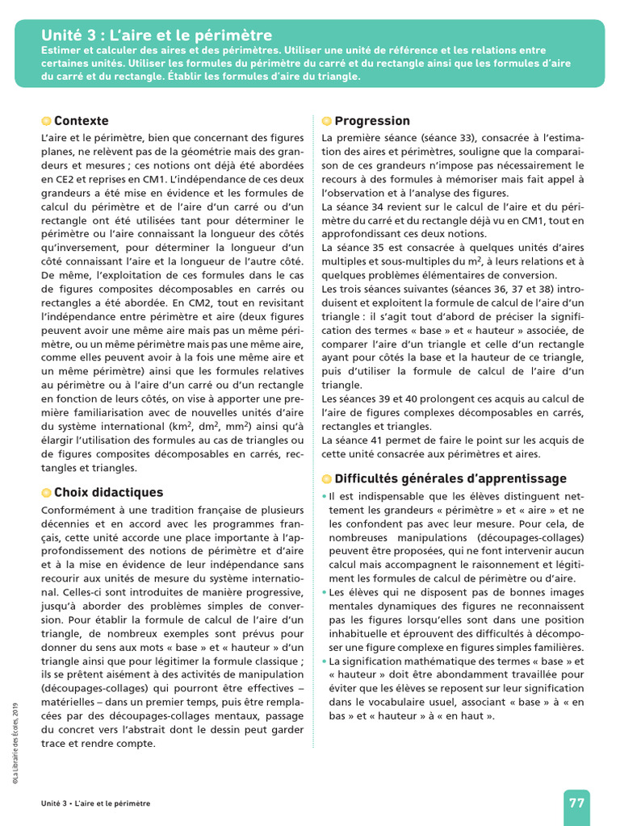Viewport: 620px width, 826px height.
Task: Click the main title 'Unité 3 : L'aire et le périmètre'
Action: [157, 35]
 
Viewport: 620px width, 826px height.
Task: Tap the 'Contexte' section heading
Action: [81, 121]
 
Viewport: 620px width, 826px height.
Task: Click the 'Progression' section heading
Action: [372, 121]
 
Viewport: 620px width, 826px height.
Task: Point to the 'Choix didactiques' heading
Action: [108, 492]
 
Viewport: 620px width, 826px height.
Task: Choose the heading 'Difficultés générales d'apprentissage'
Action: [450, 478]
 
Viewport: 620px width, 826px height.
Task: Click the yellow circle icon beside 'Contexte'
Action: [46, 121]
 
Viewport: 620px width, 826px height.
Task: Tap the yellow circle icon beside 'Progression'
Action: [326, 121]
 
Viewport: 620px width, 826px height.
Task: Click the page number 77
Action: [576, 803]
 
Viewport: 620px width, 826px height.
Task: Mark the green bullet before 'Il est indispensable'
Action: [325, 496]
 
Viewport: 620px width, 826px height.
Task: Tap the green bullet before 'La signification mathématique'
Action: [325, 661]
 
